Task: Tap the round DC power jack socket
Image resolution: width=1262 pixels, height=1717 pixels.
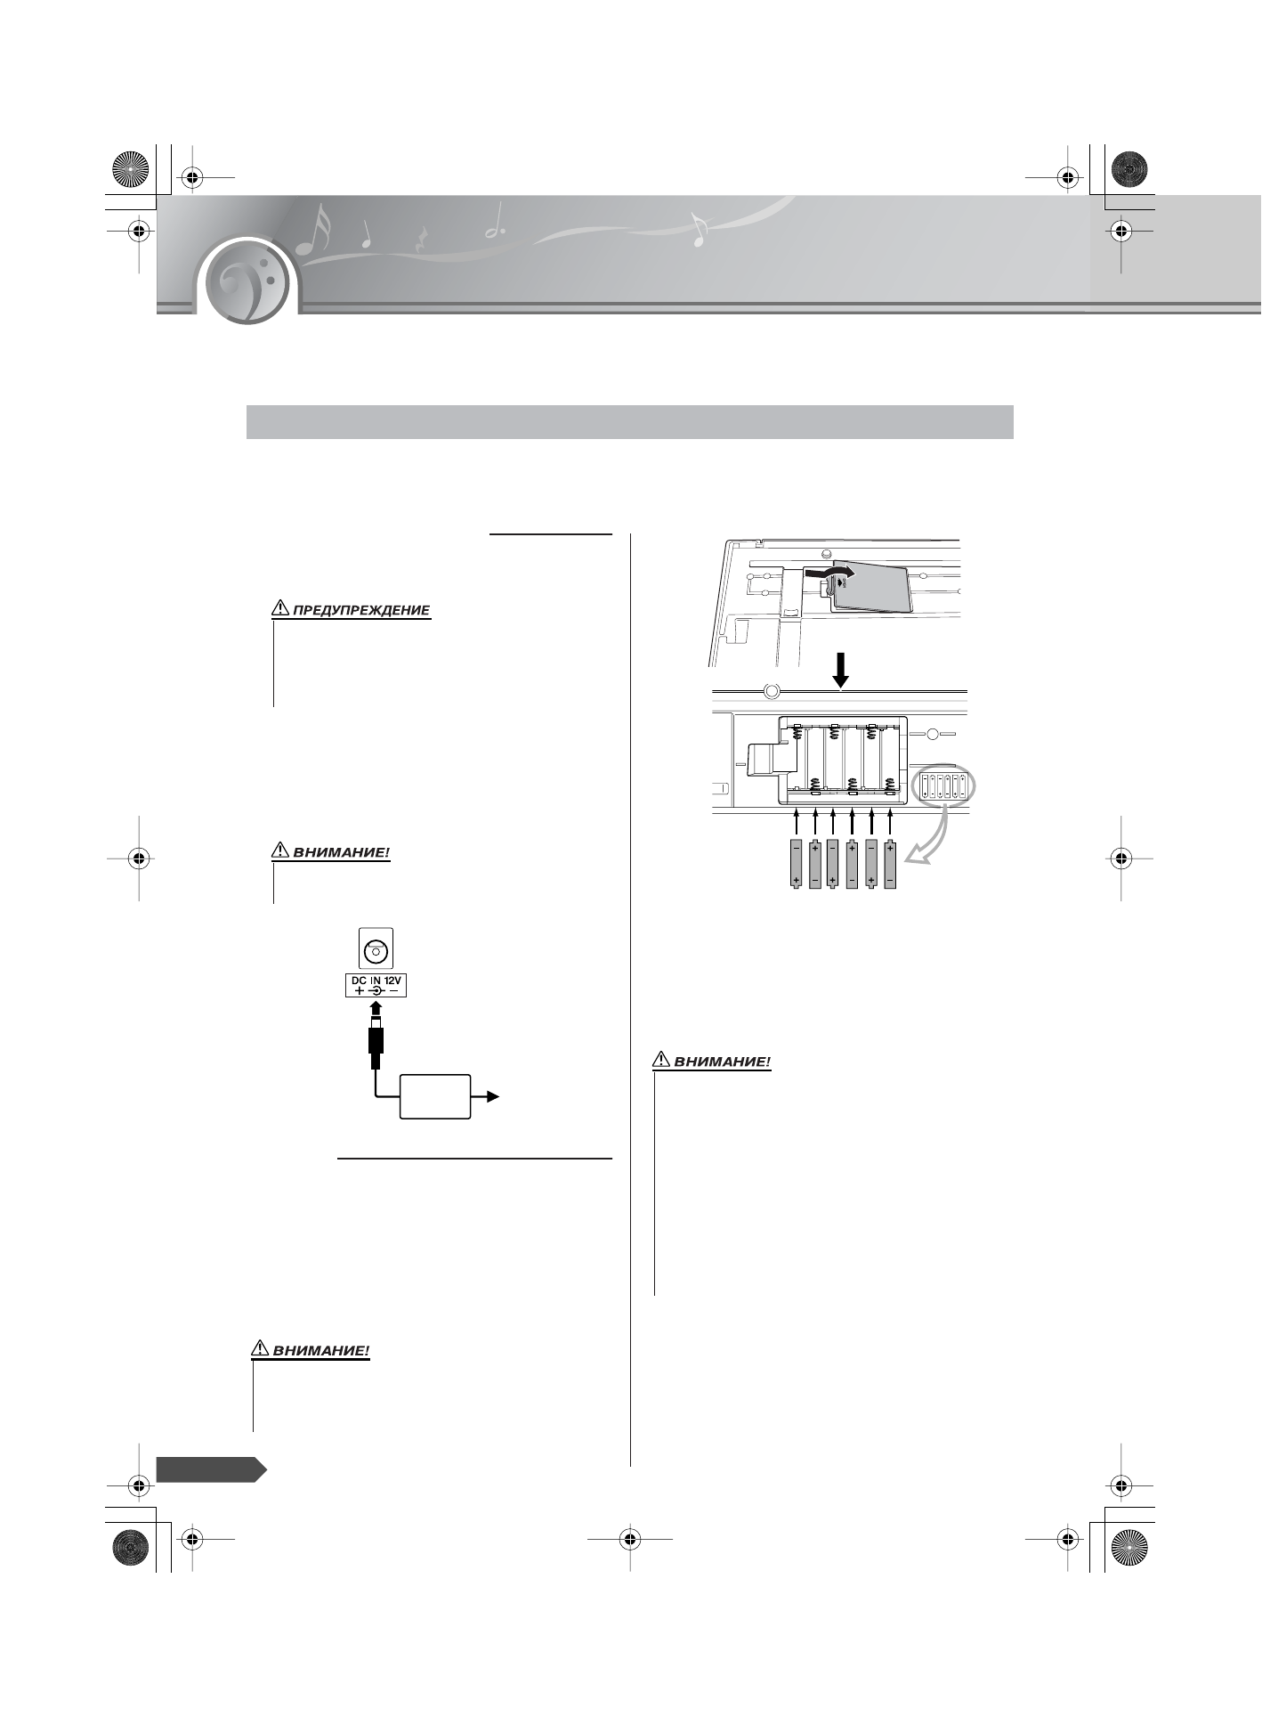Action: coord(376,951)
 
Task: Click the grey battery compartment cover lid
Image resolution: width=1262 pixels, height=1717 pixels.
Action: coord(869,587)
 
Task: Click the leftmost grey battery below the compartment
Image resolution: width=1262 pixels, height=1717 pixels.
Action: coord(796,865)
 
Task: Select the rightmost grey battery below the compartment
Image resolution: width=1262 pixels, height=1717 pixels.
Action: coord(890,865)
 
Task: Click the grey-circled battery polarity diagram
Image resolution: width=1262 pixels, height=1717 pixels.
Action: coord(944,786)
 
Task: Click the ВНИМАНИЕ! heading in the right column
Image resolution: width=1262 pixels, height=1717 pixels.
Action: coord(722,1062)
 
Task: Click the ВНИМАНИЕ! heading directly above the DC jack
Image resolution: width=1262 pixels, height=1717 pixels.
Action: coord(342,852)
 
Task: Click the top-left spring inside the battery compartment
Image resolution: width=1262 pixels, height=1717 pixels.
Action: coord(797,736)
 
